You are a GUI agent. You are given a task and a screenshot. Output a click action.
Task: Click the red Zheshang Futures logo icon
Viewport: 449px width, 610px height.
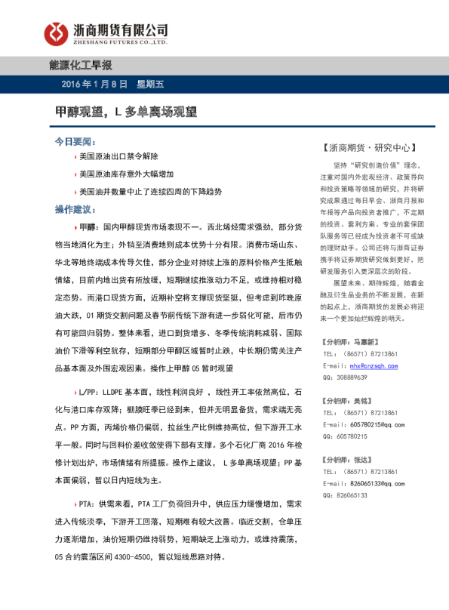point(54,32)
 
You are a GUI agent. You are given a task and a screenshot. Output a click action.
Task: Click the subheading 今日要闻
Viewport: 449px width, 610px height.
point(75,141)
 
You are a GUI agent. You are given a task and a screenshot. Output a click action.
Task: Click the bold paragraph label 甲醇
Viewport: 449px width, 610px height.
point(88,226)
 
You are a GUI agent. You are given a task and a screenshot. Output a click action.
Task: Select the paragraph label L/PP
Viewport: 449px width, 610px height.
point(88,393)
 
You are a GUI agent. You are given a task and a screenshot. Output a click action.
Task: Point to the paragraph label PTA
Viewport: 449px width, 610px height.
point(87,502)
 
